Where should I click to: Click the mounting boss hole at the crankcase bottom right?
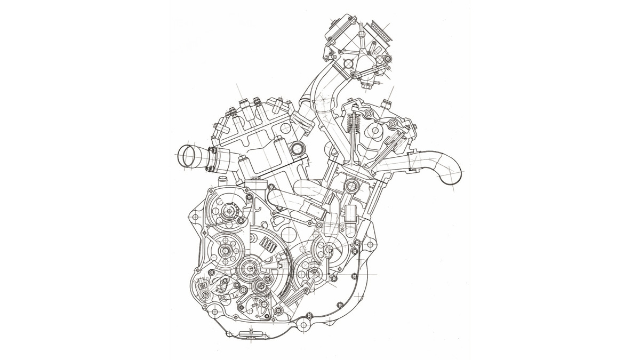305,325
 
